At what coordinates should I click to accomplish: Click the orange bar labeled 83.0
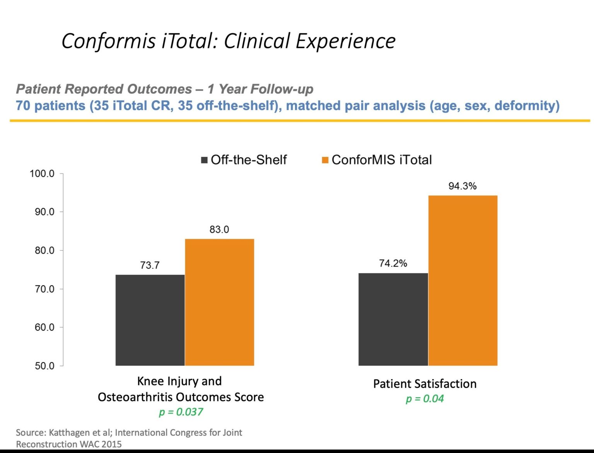[219, 302]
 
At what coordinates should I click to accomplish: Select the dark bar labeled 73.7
[150, 320]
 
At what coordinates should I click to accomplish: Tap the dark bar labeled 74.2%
[393, 319]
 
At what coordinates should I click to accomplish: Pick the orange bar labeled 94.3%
[463, 280]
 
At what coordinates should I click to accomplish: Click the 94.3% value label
[462, 186]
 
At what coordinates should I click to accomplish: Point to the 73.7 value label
[150, 265]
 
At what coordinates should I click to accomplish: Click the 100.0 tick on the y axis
[42, 173]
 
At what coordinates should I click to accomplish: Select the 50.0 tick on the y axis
[44, 366]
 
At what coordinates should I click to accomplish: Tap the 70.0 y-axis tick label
[44, 289]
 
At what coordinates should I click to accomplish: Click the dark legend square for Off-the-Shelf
[204, 160]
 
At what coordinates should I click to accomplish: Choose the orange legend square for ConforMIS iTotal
[325, 160]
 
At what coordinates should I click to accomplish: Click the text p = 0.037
[181, 412]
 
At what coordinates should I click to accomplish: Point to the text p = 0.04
[425, 399]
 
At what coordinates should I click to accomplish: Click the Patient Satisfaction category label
[425, 384]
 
